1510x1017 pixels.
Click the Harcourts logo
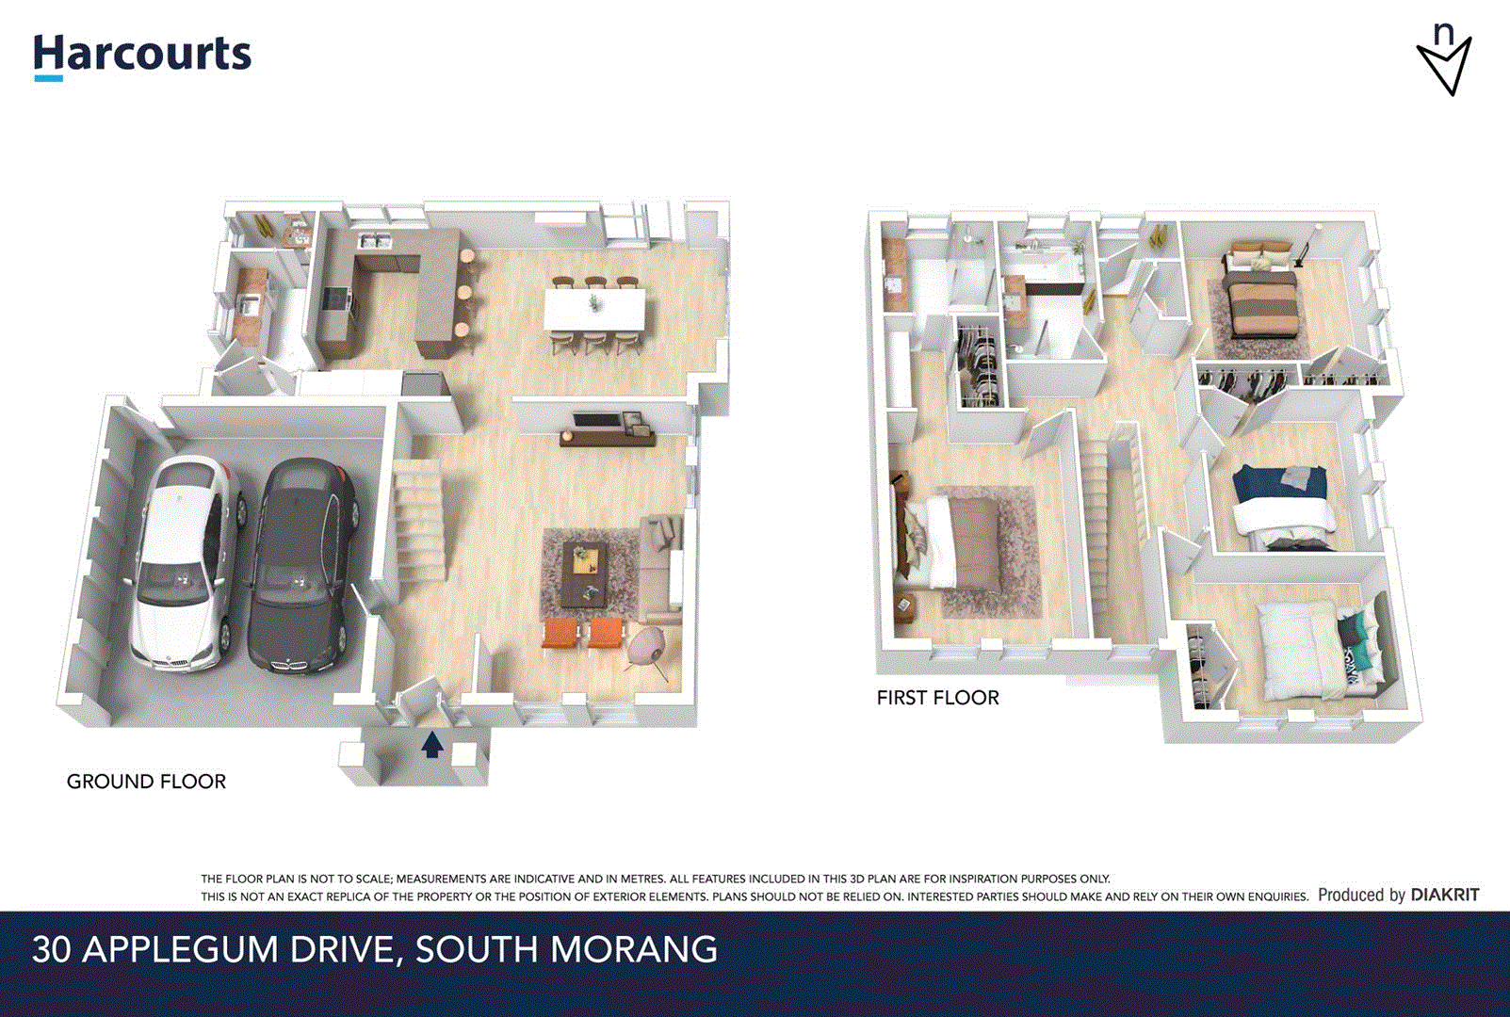142,55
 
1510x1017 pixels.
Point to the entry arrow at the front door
432,744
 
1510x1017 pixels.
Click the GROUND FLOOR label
146,782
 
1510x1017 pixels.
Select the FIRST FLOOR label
937,698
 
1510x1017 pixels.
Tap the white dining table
595,309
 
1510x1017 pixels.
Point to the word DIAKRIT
1445,895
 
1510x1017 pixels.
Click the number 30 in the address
51,949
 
